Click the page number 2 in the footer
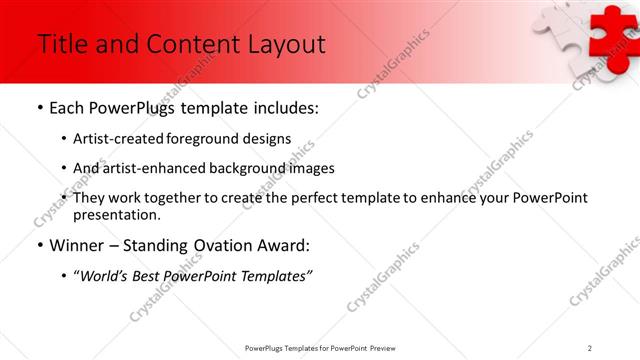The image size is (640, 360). click(x=590, y=348)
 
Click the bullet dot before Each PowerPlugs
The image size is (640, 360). click(x=39, y=108)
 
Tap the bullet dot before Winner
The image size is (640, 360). click(x=39, y=245)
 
